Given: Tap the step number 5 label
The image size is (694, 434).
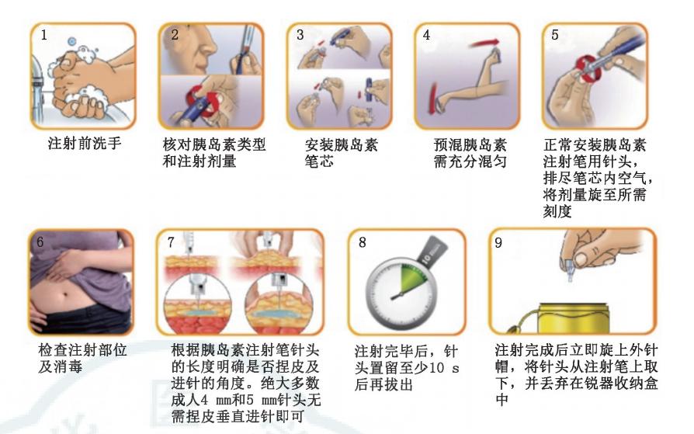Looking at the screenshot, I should pyautogui.click(x=554, y=34).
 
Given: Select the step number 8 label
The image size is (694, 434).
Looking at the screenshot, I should pyautogui.click(x=363, y=241).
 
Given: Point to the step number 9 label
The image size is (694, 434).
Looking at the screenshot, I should pyautogui.click(x=501, y=241).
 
